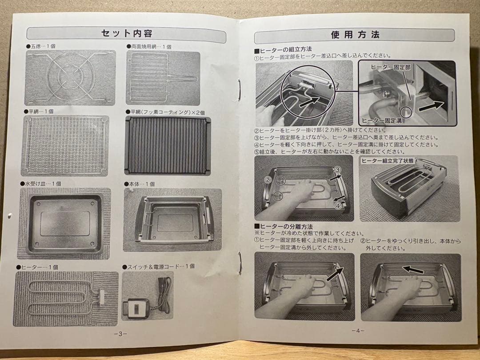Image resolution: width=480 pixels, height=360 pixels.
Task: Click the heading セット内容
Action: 127,33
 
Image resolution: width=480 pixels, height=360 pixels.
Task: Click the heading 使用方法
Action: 355,35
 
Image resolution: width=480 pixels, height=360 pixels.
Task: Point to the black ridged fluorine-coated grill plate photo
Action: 168,145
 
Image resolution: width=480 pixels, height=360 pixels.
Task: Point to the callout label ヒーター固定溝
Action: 380,120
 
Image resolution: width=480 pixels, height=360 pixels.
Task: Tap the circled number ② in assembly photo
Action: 268,180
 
